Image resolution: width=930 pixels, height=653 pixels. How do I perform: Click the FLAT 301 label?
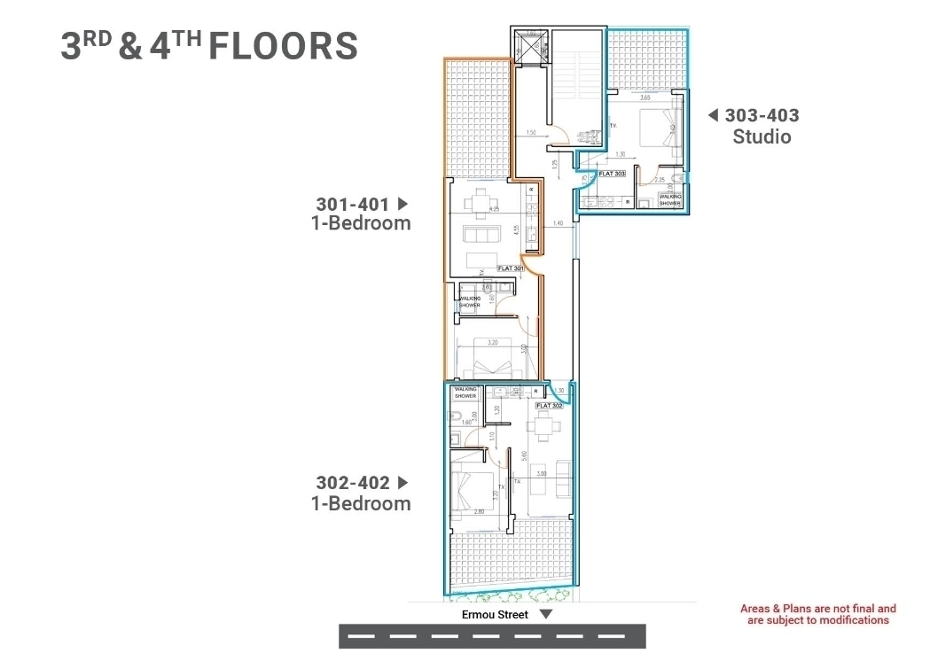(x=511, y=268)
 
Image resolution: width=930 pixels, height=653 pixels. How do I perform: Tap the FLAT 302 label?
(x=550, y=405)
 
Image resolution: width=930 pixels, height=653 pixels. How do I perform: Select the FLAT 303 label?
(x=612, y=175)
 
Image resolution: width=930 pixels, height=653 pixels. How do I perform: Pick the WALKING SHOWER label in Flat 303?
(x=669, y=199)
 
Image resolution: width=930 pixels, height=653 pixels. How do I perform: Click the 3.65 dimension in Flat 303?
(x=645, y=97)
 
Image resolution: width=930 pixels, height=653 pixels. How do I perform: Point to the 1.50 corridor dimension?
(x=530, y=133)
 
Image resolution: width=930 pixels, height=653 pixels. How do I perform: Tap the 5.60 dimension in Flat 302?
(x=525, y=457)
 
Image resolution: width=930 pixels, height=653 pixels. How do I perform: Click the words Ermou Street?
(x=494, y=614)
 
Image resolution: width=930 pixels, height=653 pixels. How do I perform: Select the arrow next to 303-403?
(x=713, y=114)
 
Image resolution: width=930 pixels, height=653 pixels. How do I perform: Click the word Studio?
(x=762, y=136)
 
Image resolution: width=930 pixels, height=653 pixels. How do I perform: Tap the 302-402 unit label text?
(x=352, y=483)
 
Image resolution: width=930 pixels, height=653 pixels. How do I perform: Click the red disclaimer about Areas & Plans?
(x=817, y=614)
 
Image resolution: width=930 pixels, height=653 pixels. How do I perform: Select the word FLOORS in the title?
(x=283, y=46)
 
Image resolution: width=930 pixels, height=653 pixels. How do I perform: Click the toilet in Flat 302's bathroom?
(x=452, y=439)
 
